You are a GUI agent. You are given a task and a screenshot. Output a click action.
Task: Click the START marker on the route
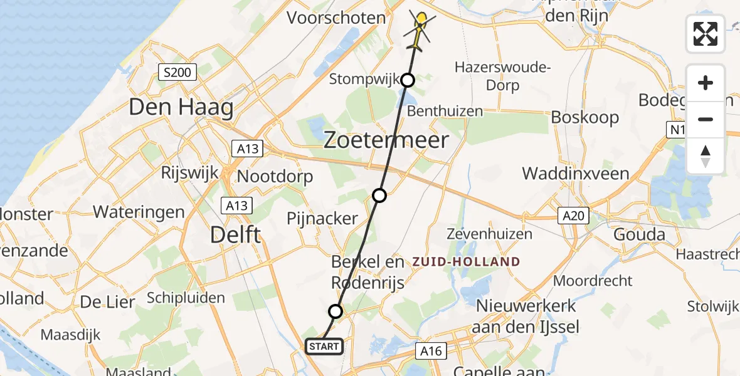pos(324,347)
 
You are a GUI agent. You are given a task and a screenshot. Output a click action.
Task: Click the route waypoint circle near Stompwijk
pos(408,80)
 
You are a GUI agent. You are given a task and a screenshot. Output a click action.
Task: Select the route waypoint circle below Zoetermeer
pos(379,196)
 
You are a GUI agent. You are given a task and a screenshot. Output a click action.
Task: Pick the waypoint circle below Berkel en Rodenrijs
pos(336,311)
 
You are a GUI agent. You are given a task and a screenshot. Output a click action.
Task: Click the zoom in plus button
pos(706,83)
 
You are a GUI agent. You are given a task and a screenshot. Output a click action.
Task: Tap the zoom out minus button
pos(706,119)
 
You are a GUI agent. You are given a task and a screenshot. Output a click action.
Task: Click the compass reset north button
pos(706,155)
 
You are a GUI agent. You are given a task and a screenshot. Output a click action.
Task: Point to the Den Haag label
pos(181,108)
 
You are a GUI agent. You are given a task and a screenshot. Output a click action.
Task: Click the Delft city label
pos(235,236)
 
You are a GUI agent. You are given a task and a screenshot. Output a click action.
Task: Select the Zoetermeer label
pos(386,140)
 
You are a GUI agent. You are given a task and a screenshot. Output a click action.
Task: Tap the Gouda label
pos(639,235)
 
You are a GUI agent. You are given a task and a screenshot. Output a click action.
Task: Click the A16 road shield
pos(431,352)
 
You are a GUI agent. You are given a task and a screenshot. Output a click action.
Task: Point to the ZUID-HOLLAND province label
pos(466,261)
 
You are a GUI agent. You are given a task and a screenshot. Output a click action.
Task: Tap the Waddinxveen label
pos(576,174)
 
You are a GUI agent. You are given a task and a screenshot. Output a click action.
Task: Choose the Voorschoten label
pos(336,18)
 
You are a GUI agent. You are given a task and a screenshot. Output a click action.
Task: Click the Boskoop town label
pos(584,117)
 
